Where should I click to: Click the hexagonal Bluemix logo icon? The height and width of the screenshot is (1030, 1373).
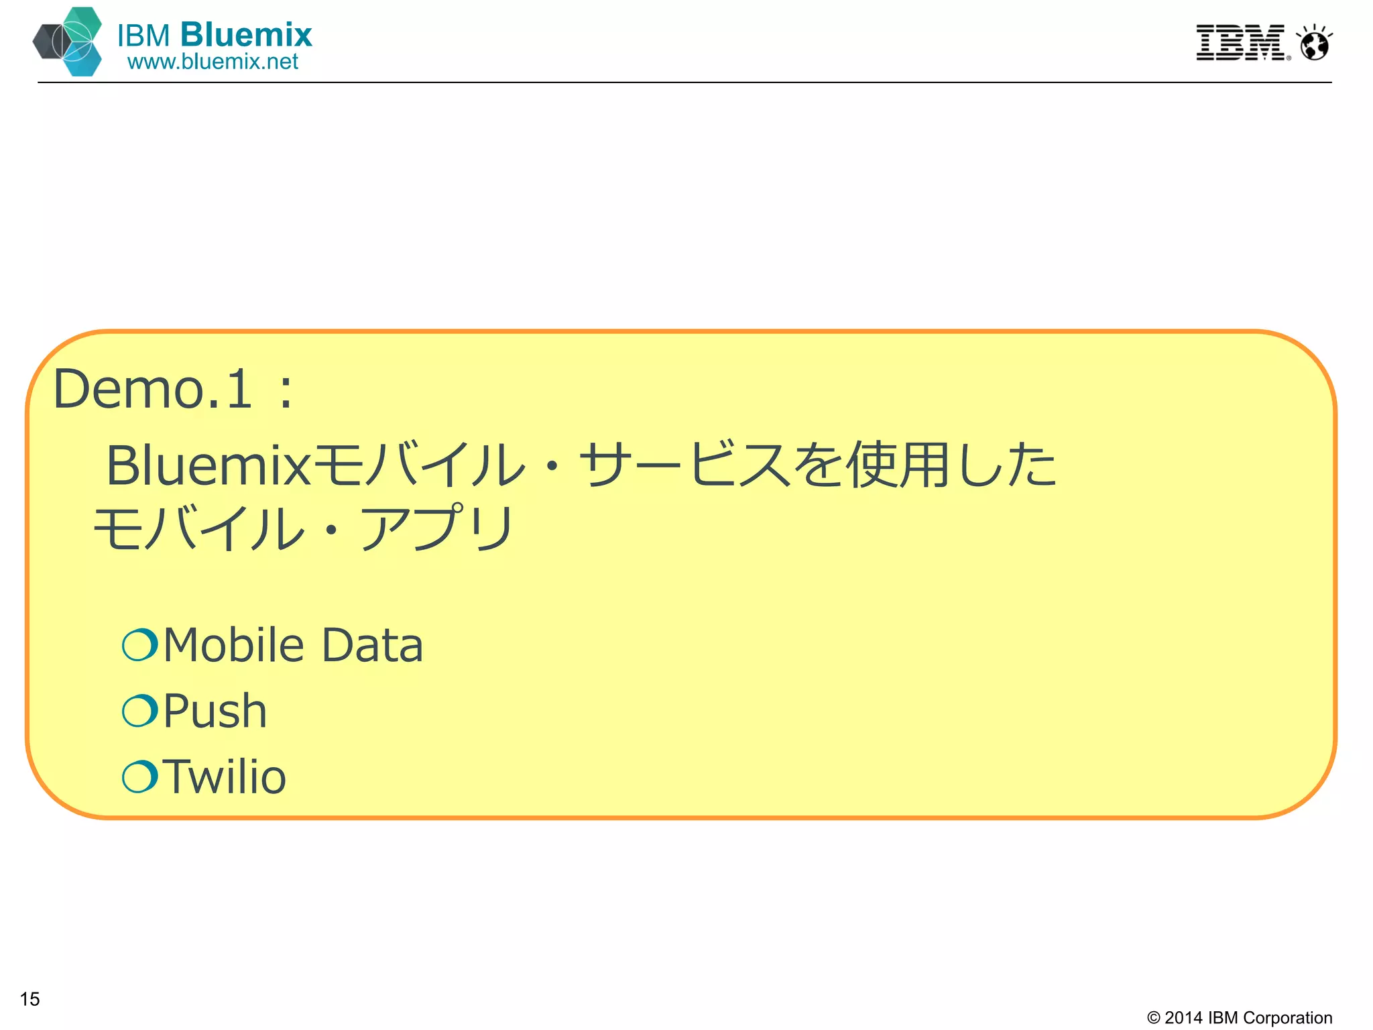(68, 42)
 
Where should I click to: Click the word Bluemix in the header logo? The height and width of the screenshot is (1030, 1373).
(246, 35)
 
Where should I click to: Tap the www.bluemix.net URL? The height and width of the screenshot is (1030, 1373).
(213, 62)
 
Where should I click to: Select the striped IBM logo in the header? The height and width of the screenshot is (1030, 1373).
(1241, 43)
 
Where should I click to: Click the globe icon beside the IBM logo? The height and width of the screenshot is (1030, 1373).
(1314, 44)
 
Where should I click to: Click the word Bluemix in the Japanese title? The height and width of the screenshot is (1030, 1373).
(208, 466)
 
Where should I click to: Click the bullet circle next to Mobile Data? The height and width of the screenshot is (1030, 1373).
(140, 645)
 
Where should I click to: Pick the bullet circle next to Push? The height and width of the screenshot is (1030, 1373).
(140, 711)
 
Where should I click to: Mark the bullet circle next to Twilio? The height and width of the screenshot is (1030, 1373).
(140, 777)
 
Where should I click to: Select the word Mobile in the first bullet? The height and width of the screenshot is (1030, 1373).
(234, 645)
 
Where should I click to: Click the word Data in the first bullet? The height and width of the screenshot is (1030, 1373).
(372, 645)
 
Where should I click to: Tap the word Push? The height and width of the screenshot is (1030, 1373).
(215, 711)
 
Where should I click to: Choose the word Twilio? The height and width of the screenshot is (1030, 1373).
(225, 777)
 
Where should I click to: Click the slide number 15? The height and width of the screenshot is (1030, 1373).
(30, 999)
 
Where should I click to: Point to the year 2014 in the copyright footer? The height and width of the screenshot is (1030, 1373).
(1183, 1018)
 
